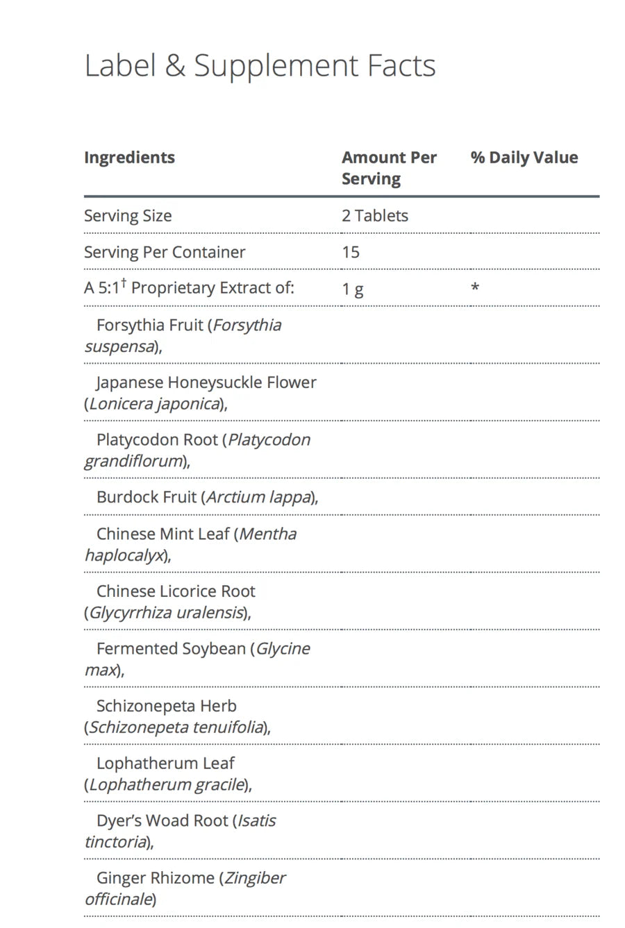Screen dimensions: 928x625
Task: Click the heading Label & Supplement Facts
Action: point(260,66)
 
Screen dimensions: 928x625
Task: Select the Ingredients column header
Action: point(129,158)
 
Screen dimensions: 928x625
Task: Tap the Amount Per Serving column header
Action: point(388,168)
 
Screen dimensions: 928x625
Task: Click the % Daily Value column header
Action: point(524,158)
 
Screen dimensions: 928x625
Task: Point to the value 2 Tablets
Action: point(374,216)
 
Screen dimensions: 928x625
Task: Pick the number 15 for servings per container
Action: point(351,252)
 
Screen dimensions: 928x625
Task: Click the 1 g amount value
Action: point(352,289)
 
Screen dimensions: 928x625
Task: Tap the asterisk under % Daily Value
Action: point(475,286)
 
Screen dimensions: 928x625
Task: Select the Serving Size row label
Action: point(128,216)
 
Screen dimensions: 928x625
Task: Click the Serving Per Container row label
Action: point(165,252)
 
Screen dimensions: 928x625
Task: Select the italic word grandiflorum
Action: point(133,462)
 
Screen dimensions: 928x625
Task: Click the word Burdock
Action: point(124,497)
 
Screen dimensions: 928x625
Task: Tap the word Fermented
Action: point(136,648)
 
